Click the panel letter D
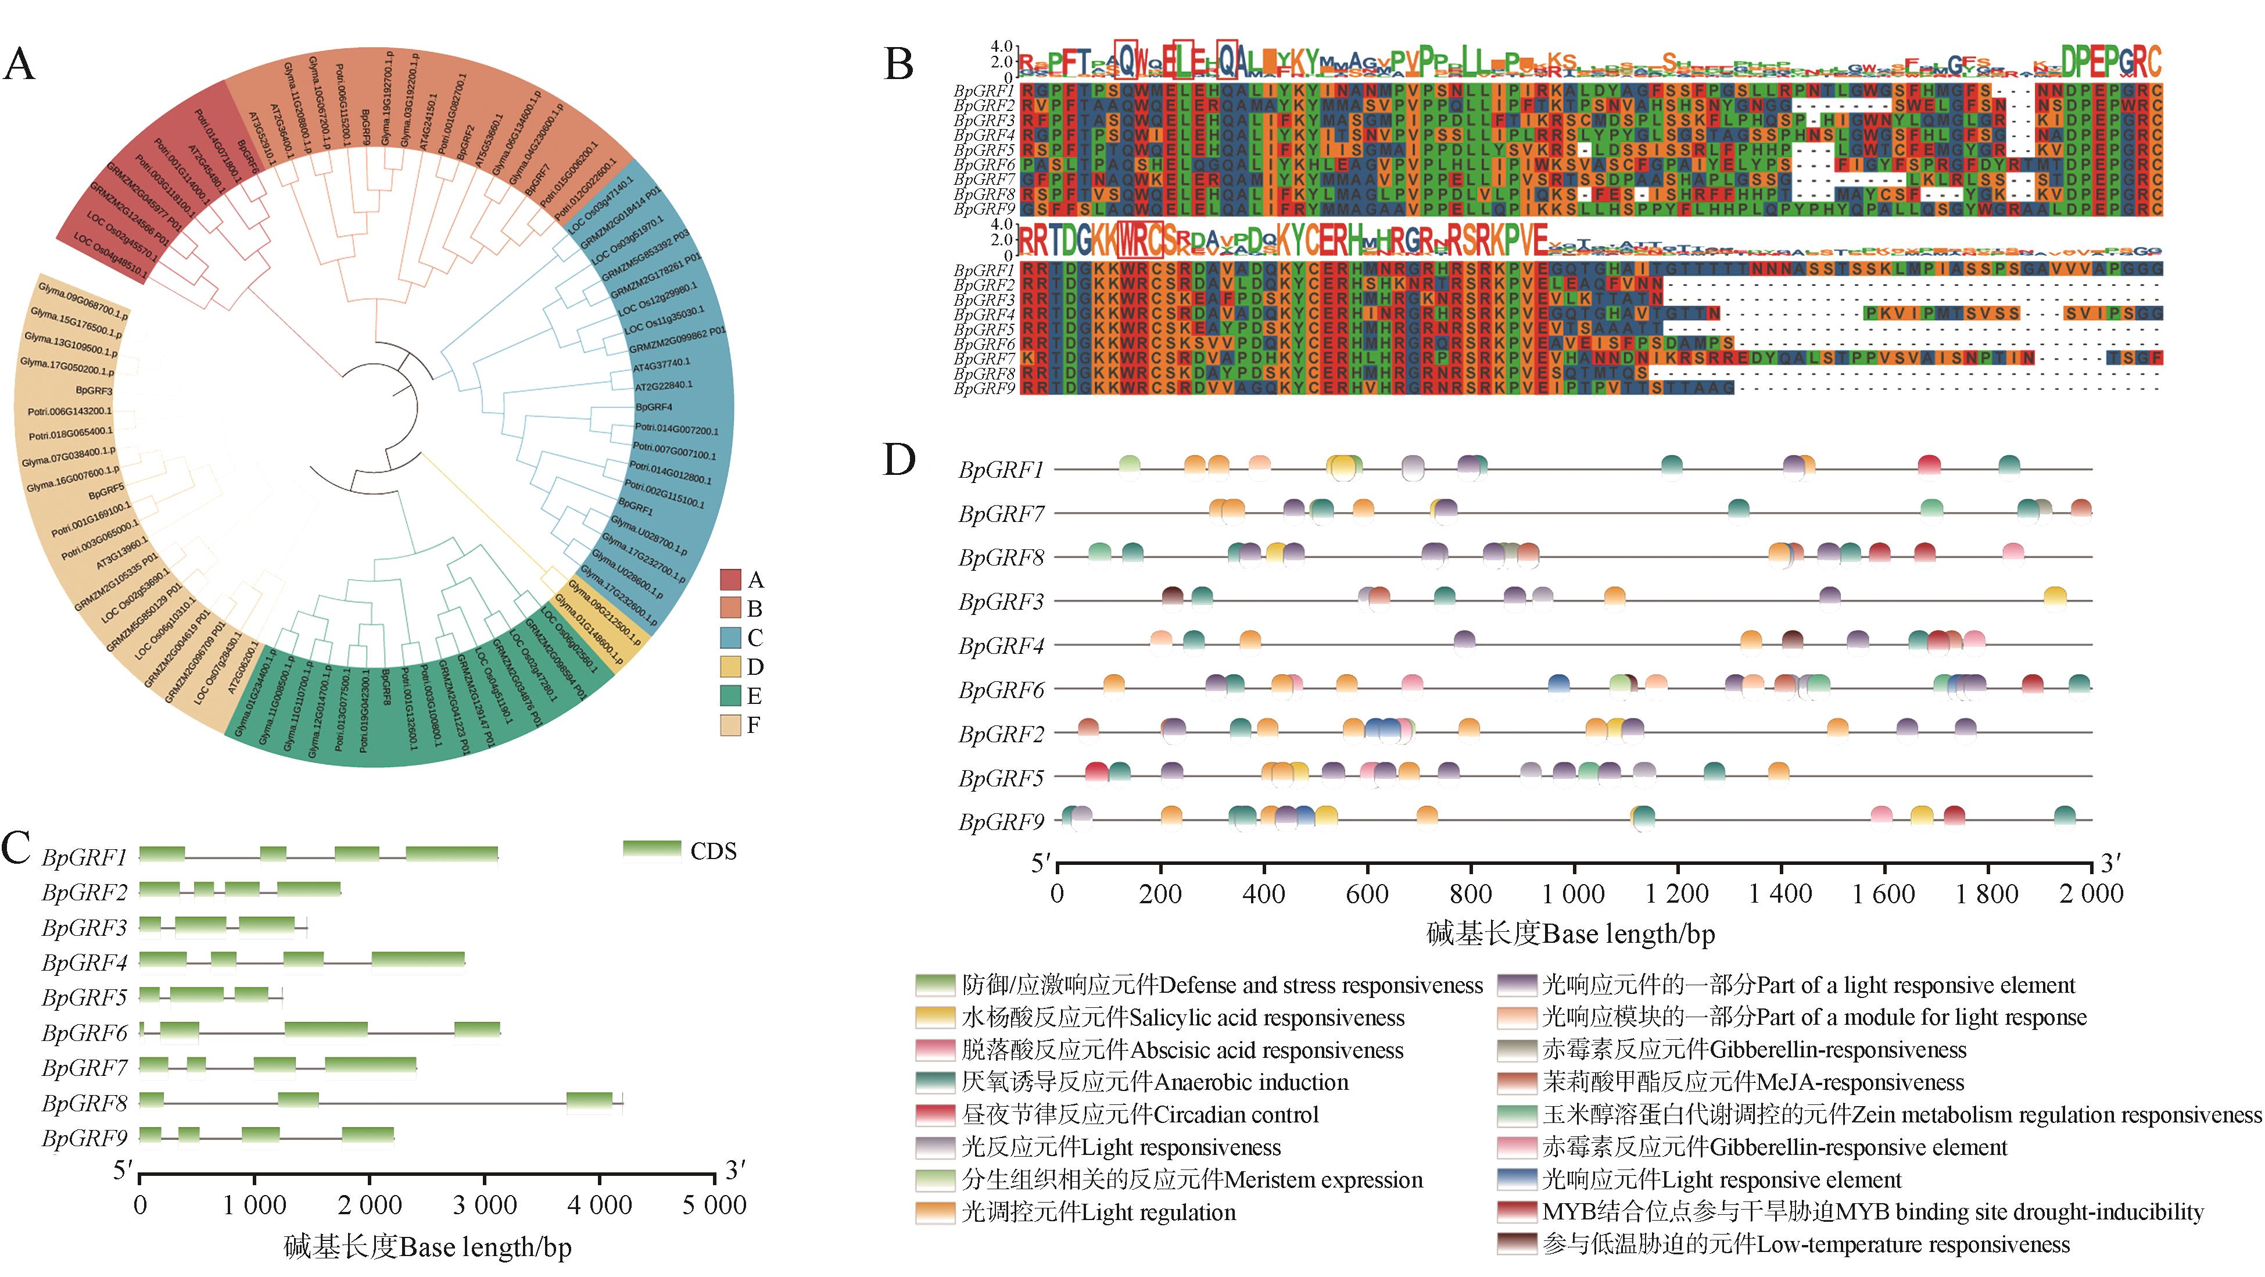898,460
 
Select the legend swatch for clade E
730,696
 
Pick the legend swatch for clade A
730,580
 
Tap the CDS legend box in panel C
651,850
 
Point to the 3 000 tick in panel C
485,1205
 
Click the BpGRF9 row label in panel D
1001,822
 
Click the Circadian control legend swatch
936,1114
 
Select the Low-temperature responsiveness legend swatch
1517,1244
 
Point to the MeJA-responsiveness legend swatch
1517,1082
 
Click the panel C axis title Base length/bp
427,1247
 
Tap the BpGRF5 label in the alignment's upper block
984,149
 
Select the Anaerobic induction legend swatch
936,1082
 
